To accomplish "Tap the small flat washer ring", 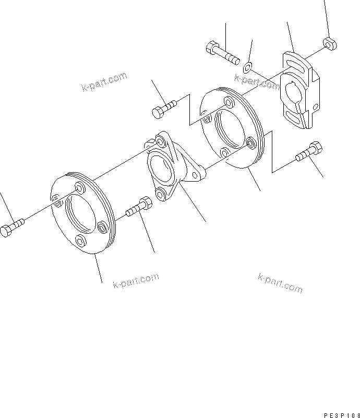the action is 248,66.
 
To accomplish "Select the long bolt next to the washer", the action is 221,52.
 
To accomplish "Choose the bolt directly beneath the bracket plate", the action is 308,151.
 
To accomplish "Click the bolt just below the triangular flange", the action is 138,208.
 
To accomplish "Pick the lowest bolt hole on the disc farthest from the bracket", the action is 80,240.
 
